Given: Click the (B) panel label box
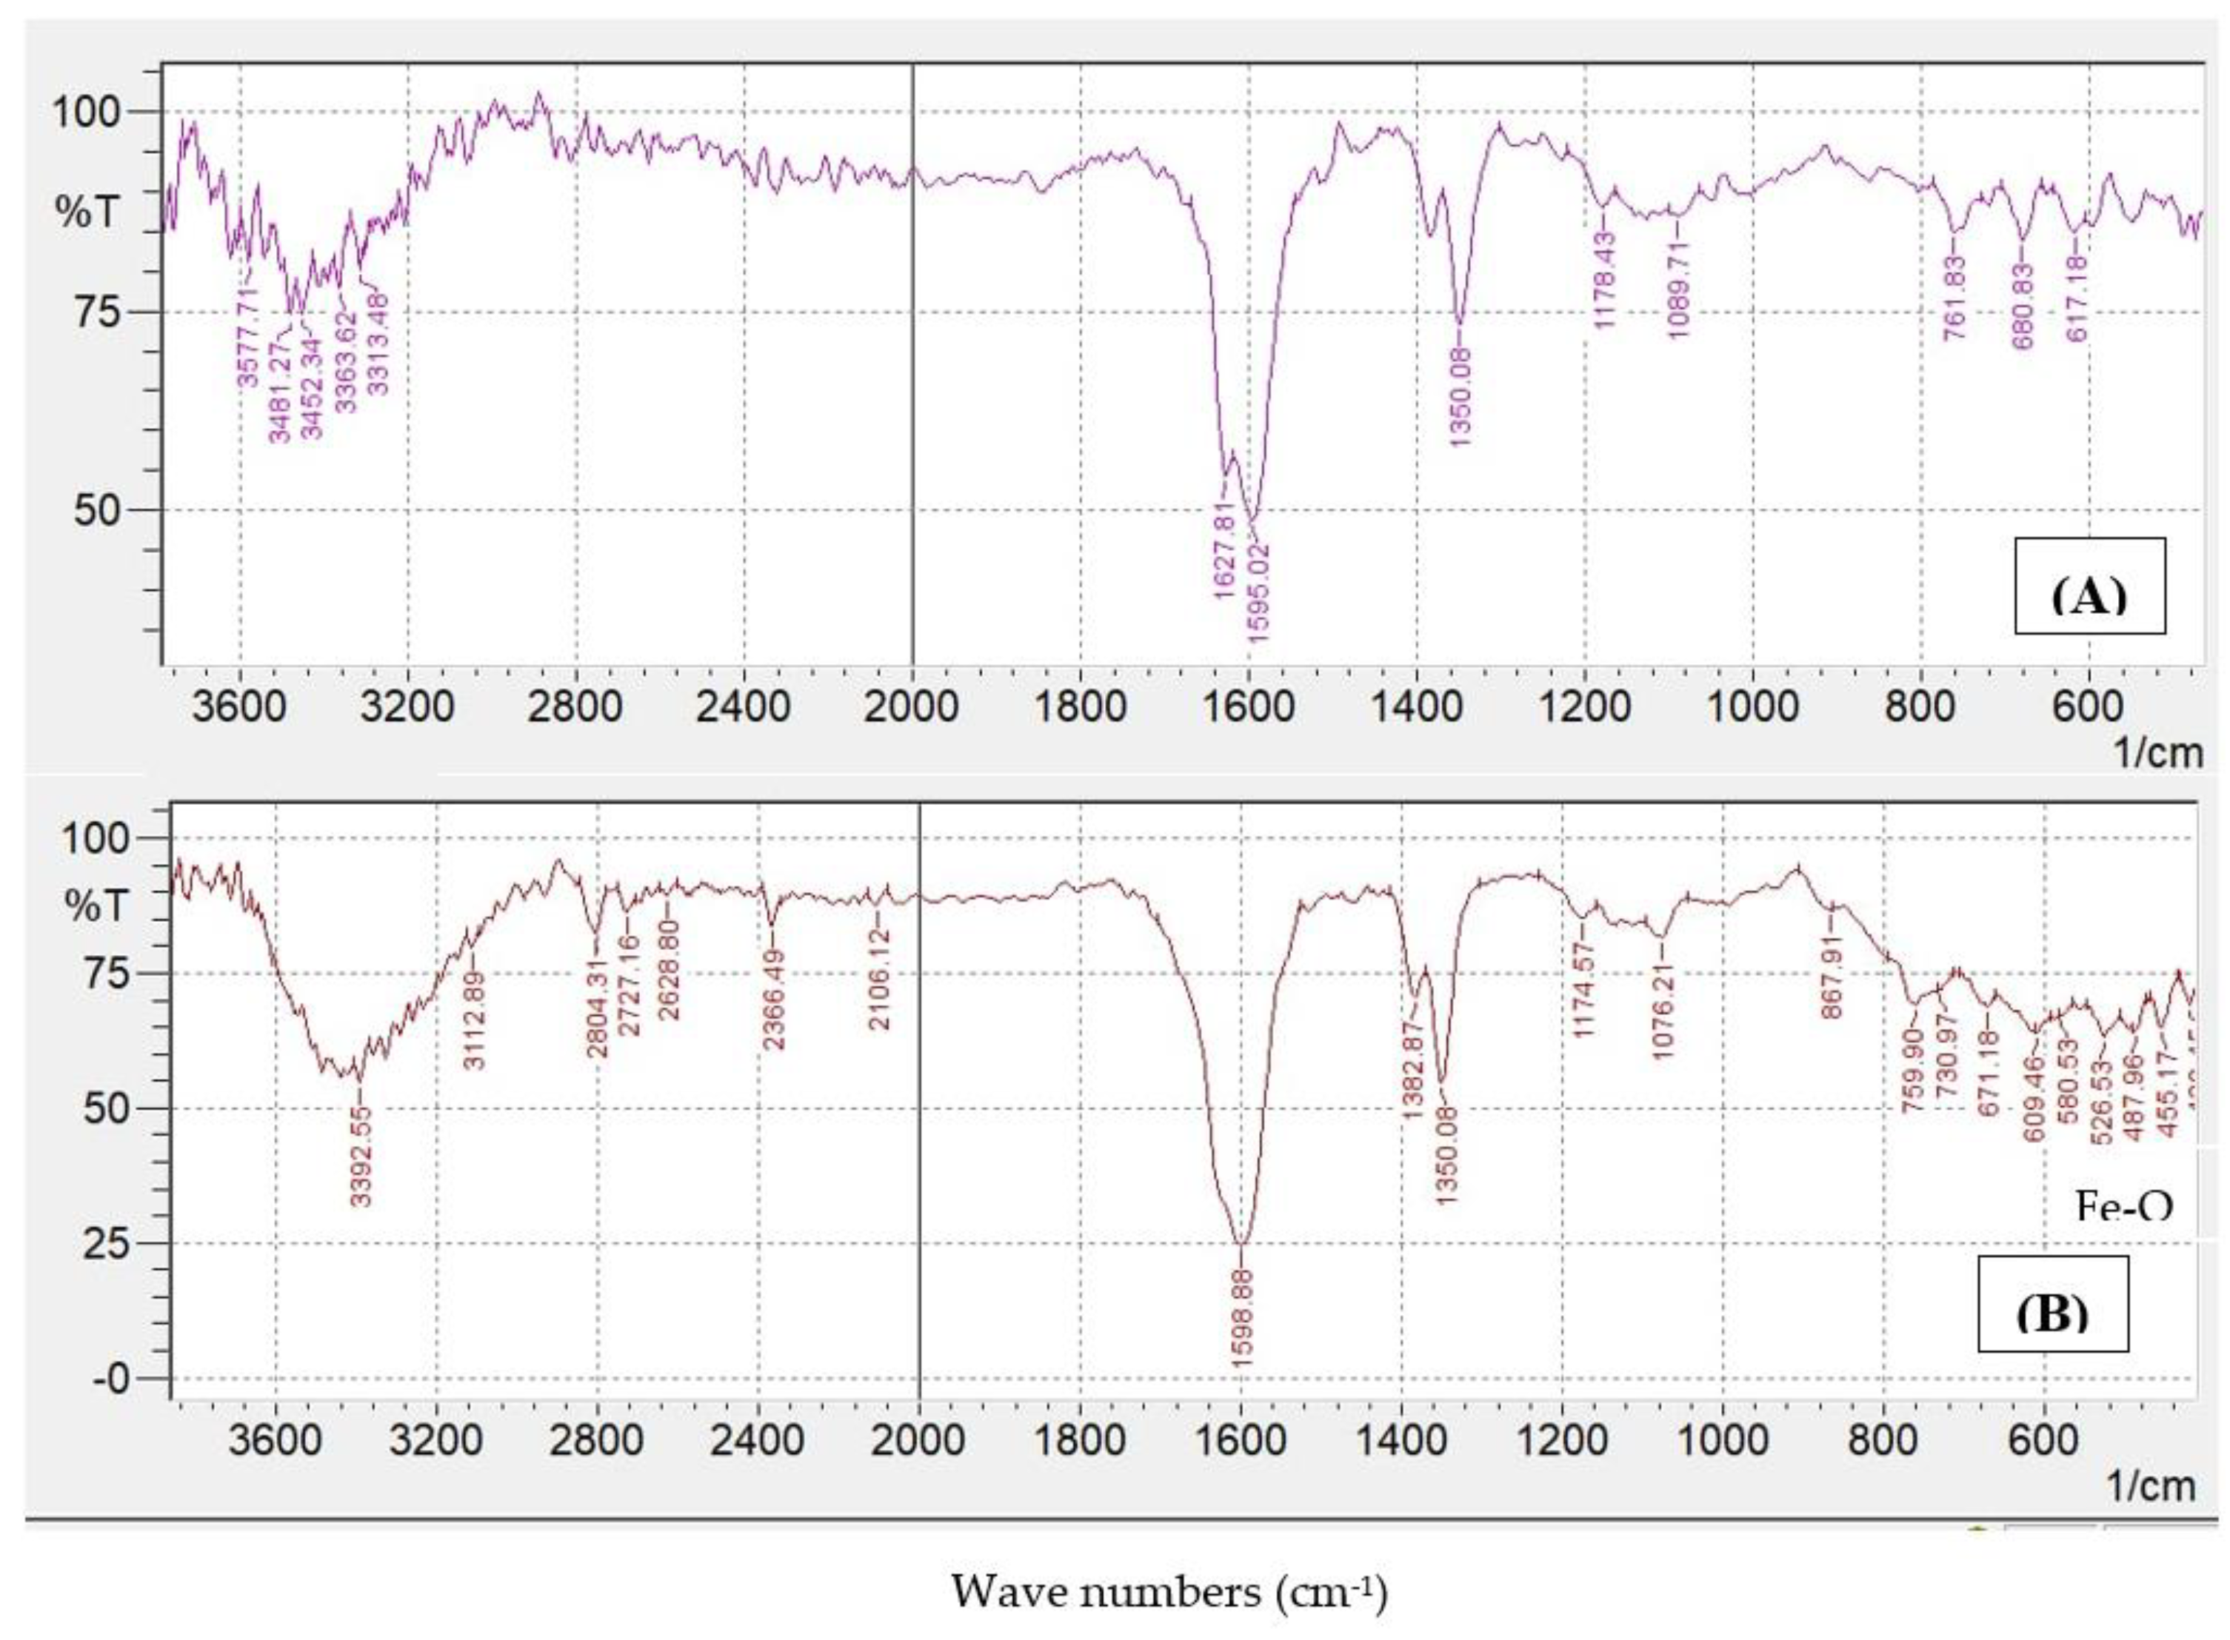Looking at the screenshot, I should [2052, 1303].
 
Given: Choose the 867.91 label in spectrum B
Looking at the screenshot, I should [1832, 974].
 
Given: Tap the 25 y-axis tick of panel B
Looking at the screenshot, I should [104, 1244].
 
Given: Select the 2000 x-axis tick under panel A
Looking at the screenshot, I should [912, 708].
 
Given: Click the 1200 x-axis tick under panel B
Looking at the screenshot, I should [1563, 1439].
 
